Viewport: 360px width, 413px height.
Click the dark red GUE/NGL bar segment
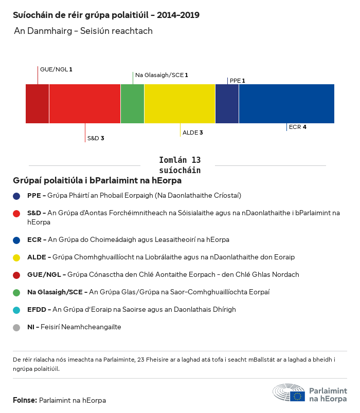(x=37, y=104)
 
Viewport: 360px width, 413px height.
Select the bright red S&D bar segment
(x=85, y=104)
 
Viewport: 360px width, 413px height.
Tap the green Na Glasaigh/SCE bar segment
(x=132, y=104)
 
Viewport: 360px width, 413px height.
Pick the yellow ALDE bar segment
(x=179, y=104)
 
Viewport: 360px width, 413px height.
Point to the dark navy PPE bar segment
(x=227, y=104)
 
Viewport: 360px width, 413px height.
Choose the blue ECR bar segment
(x=286, y=104)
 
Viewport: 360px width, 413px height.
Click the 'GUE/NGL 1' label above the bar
(x=56, y=69)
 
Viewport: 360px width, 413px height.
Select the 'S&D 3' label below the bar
(x=96, y=138)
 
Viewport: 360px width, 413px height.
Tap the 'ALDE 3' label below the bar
(x=193, y=133)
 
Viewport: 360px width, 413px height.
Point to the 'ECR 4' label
(x=298, y=127)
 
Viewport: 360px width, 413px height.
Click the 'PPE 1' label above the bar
(x=237, y=81)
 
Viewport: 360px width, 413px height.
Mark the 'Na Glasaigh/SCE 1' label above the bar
(x=161, y=75)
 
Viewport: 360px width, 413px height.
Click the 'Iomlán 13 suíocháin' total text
(x=179, y=165)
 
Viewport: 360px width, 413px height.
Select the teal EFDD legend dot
(x=17, y=310)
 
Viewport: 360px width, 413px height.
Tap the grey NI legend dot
(x=17, y=327)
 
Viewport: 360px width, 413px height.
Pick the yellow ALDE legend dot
(x=17, y=257)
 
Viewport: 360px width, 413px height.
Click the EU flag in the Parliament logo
(x=297, y=396)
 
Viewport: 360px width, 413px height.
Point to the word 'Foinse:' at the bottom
(x=25, y=400)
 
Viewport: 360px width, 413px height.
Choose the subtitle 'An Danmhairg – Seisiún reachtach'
(x=83, y=31)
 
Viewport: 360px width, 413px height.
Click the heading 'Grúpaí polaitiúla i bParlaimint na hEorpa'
(x=97, y=181)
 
